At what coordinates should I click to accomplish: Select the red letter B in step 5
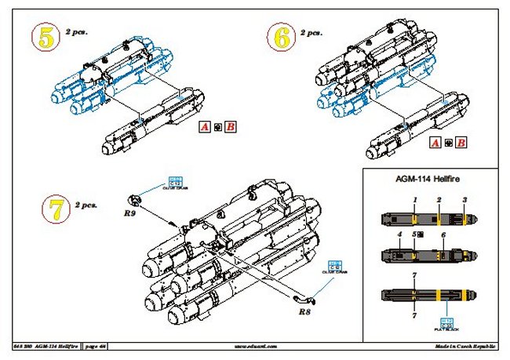pyautogui.click(x=230, y=125)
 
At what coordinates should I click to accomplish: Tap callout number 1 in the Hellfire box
pyautogui.click(x=414, y=201)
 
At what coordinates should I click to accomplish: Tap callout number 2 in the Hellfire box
pyautogui.click(x=439, y=201)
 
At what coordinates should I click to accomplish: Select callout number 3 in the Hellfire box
pyautogui.click(x=464, y=201)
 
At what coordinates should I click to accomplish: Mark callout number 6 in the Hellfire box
pyautogui.click(x=443, y=235)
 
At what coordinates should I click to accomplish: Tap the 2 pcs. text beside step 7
pyautogui.click(x=85, y=205)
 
